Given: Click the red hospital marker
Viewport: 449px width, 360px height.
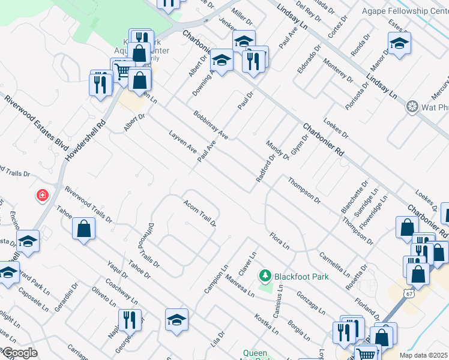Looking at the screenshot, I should (43, 195).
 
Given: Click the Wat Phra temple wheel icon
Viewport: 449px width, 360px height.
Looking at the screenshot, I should (412, 107).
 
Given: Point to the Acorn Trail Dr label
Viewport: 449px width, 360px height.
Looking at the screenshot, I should (200, 212).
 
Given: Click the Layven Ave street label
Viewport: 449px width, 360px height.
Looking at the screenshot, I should (183, 141).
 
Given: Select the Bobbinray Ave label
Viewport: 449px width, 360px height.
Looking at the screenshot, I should (211, 124).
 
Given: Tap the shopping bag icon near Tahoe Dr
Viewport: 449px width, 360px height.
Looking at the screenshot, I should (83, 228).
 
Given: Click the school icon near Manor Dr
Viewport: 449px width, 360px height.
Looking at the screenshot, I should (399, 43).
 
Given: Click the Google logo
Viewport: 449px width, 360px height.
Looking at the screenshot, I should (19, 353).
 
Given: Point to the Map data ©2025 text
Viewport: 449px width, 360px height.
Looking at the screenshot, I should (423, 355).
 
